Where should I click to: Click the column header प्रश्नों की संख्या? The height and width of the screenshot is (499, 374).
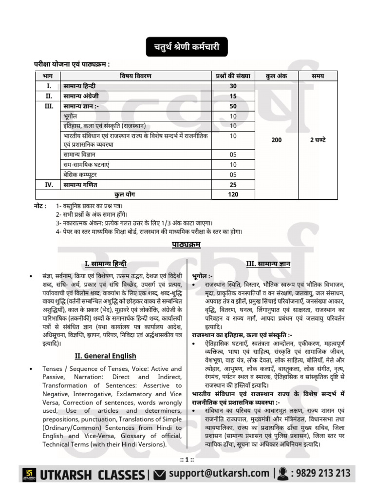pyautogui.click(x=233, y=76)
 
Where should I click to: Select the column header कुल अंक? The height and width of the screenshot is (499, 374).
pyautogui.click(x=276, y=76)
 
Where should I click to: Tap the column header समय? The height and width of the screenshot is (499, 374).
pyautogui.click(x=318, y=76)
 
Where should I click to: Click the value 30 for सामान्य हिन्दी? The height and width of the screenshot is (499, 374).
pyautogui.click(x=233, y=86)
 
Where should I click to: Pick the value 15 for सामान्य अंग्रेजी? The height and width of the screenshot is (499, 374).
pyautogui.click(x=233, y=96)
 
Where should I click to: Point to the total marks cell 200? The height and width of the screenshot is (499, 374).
pyautogui.click(x=276, y=140)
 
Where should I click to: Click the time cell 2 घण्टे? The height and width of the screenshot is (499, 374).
pyautogui.click(x=318, y=140)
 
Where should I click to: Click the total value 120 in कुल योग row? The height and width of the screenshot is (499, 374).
pyautogui.click(x=233, y=194)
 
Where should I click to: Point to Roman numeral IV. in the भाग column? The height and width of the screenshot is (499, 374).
pyautogui.click(x=48, y=185)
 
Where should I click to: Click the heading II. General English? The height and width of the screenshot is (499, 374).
pyautogui.click(x=105, y=356)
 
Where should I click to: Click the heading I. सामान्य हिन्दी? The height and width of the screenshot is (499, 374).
pyautogui.click(x=106, y=264)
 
